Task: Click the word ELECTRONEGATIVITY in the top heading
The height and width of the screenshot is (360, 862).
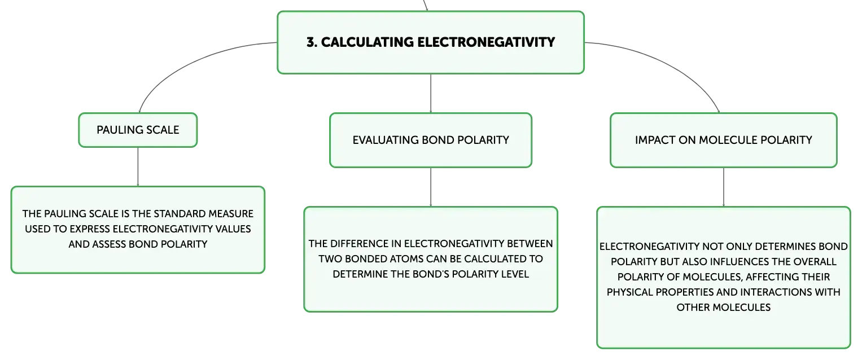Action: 486,42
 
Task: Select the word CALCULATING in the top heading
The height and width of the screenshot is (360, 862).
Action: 367,42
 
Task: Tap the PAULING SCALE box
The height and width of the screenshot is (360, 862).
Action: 138,130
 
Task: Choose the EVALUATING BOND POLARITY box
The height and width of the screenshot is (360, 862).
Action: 431,140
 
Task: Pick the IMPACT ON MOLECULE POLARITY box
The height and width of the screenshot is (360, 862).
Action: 724,140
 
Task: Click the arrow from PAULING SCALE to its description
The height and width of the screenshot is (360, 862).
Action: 138,167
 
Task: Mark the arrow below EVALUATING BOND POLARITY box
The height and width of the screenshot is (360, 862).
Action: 431,187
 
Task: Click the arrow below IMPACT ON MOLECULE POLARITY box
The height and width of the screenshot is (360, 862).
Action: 724,187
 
